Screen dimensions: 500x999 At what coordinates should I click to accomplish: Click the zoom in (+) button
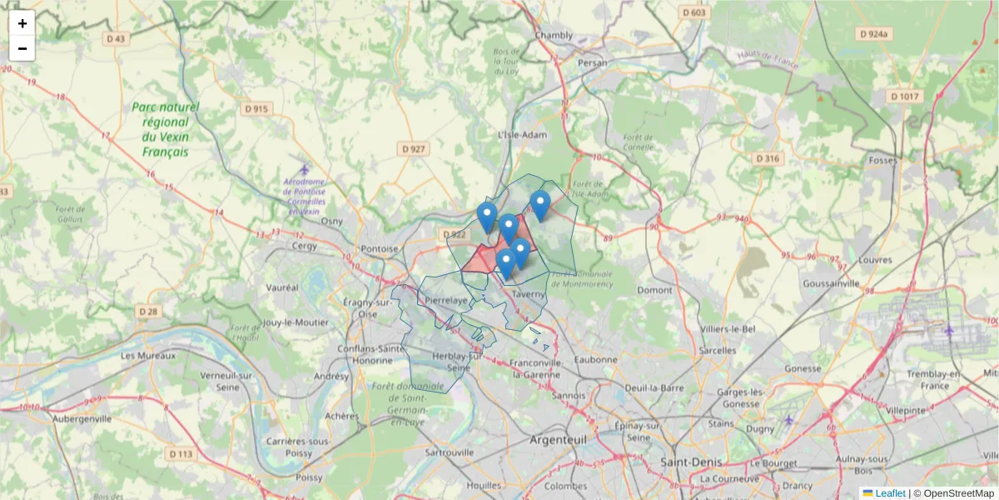tap(22, 23)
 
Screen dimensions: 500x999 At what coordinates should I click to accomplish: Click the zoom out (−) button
tap(22, 48)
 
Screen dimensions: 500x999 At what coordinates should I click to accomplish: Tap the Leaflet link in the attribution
tap(890, 493)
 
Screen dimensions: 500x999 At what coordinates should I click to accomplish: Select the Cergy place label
tap(282, 247)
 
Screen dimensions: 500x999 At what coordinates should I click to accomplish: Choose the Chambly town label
tap(554, 35)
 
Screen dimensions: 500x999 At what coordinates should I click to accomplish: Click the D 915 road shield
tap(257, 108)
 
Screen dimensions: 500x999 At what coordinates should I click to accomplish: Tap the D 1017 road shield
tap(905, 97)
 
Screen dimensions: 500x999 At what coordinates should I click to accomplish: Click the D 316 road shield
tap(767, 158)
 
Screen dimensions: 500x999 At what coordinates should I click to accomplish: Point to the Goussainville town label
tap(831, 283)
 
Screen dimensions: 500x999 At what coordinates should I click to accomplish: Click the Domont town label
tap(654, 290)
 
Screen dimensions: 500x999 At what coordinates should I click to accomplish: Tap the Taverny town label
tap(528, 294)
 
